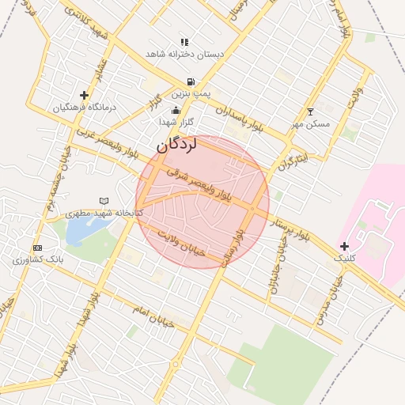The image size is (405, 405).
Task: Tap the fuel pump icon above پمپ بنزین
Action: tap(191, 81)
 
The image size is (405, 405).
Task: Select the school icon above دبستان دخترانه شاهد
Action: tap(184, 42)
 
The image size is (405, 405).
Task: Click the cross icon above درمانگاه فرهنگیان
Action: tap(84, 95)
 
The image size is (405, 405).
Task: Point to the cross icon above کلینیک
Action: tap(344, 247)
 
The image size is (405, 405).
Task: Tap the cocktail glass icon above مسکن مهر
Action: tap(310, 112)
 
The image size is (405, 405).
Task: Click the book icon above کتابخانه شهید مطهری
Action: tap(104, 202)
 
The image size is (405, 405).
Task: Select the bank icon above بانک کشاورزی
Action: tap(37, 248)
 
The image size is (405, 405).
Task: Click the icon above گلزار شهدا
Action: tap(176, 111)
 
